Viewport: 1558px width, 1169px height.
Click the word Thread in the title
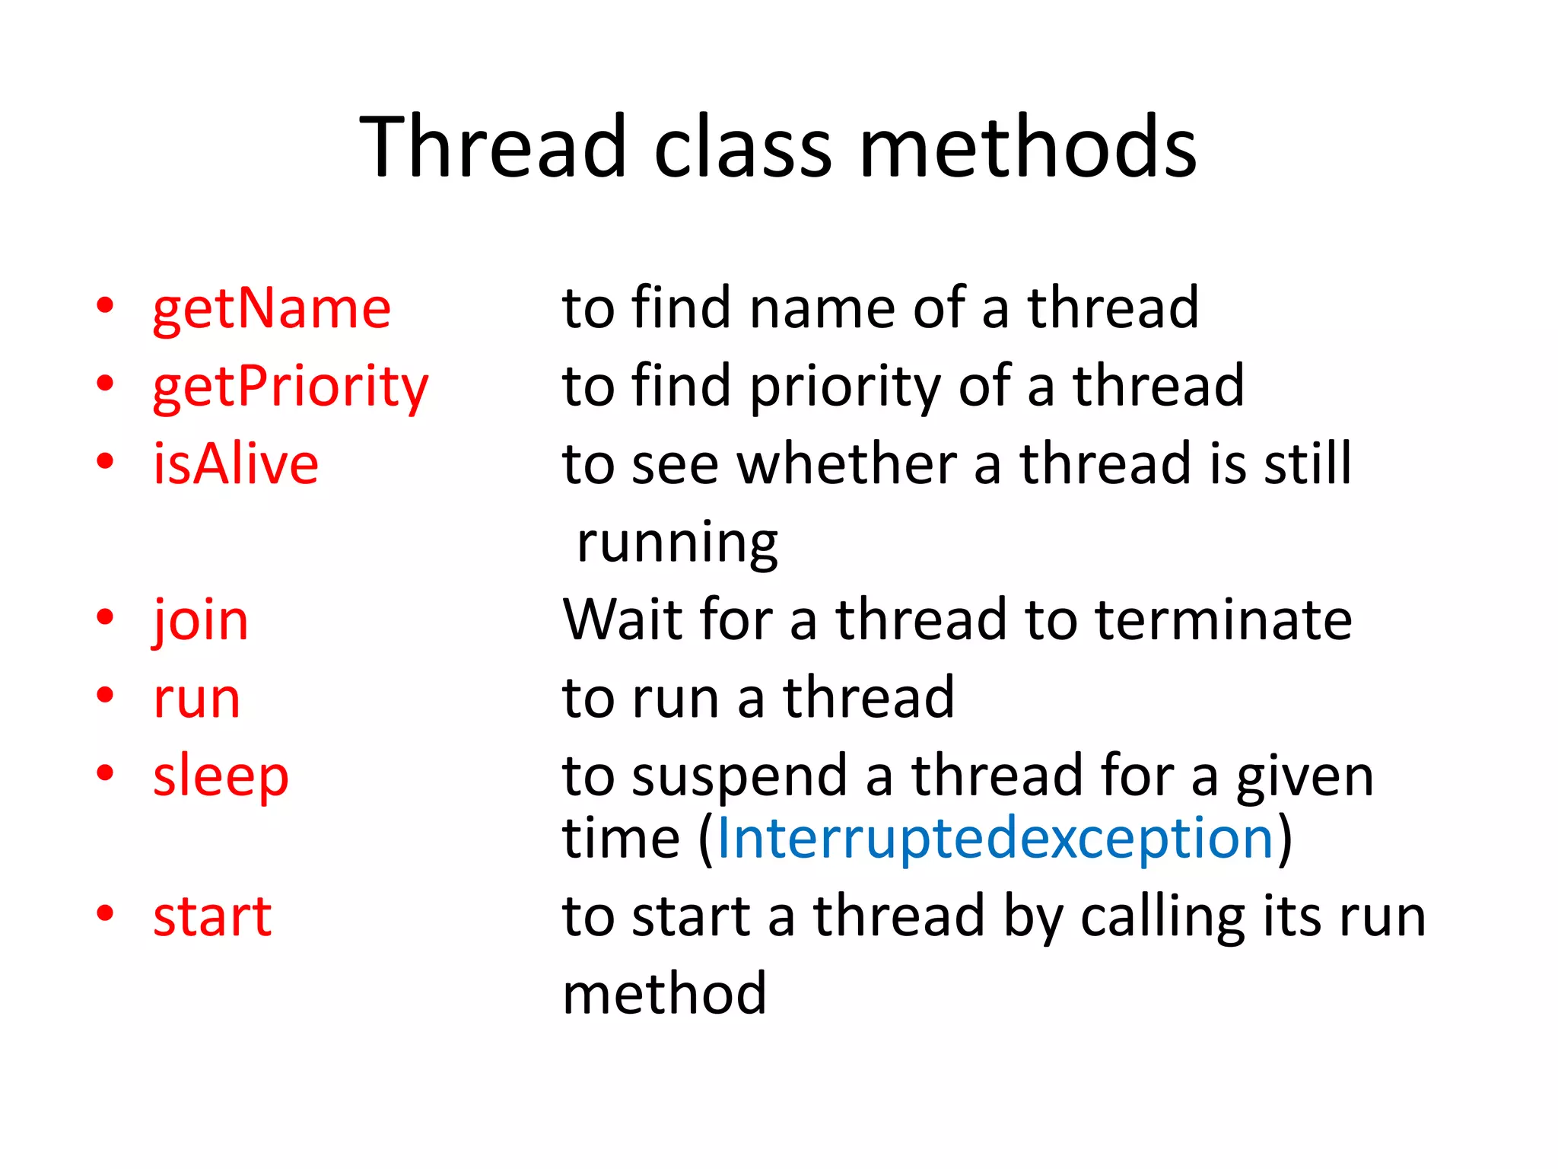click(x=492, y=146)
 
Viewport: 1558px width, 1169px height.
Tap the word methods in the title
click(x=1028, y=146)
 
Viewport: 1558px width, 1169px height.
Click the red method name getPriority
click(x=291, y=387)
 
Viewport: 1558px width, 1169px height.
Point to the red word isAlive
click(x=236, y=464)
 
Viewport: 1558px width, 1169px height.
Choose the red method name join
click(x=201, y=620)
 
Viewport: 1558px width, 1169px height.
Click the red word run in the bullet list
click(x=196, y=699)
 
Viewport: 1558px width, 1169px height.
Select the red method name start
click(x=212, y=916)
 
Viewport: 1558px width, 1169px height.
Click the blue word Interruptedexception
click(x=995, y=838)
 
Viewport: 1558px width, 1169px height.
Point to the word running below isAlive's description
click(x=677, y=543)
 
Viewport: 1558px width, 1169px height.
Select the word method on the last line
click(x=664, y=994)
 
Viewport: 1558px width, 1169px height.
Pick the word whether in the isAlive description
click(x=847, y=464)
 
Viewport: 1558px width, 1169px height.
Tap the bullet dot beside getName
click(x=105, y=306)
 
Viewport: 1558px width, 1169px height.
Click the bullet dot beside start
click(x=105, y=913)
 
